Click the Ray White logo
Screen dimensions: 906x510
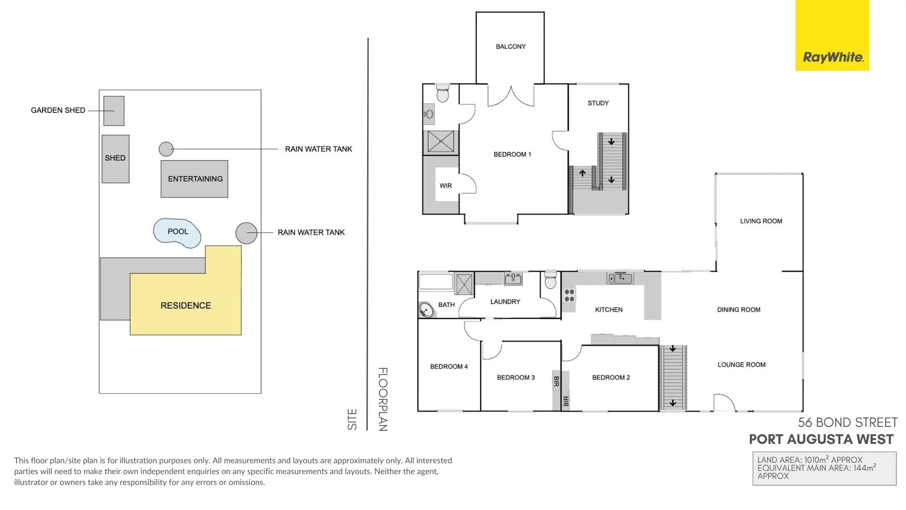point(832,35)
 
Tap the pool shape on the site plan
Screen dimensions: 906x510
point(177,233)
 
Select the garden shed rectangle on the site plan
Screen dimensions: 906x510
point(114,111)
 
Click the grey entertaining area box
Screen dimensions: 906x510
point(194,179)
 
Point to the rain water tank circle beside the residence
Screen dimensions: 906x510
point(246,233)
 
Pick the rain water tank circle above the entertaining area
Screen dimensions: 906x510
point(166,149)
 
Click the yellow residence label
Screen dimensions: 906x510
point(186,306)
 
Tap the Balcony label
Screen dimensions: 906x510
point(511,46)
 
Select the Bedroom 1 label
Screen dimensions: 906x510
point(512,154)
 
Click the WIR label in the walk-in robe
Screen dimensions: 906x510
point(446,186)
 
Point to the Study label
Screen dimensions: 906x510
point(598,103)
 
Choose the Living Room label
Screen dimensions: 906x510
point(761,221)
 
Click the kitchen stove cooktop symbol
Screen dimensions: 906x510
point(570,295)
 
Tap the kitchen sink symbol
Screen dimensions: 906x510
point(621,278)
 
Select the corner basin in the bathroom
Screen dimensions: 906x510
point(427,310)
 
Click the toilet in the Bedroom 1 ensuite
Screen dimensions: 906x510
point(443,93)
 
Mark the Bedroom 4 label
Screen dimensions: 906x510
point(449,366)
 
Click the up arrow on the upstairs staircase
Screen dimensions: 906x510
point(582,173)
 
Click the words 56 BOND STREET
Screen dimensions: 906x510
point(847,422)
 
